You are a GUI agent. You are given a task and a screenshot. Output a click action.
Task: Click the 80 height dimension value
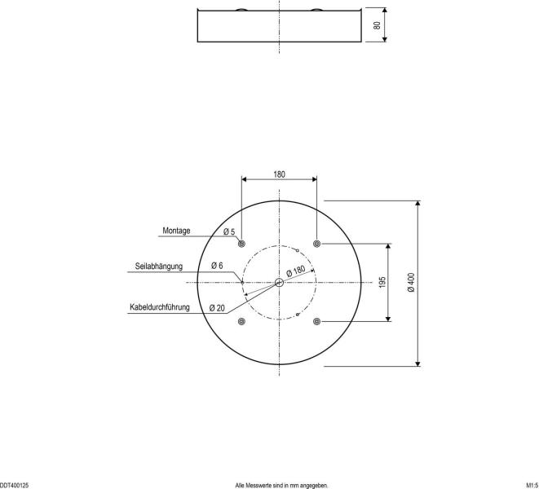tap(377, 24)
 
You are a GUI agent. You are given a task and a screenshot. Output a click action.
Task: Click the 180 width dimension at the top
tap(279, 174)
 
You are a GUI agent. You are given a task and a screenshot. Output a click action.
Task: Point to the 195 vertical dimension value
tap(382, 282)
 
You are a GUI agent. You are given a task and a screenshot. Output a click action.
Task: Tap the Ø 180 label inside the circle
tap(295, 271)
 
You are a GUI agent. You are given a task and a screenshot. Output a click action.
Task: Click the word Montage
tap(176, 231)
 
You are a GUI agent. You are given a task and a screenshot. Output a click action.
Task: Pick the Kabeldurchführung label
tap(160, 307)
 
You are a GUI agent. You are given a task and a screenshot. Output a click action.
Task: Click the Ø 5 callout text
tap(229, 232)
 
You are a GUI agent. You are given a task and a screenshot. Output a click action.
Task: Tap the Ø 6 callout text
tap(216, 267)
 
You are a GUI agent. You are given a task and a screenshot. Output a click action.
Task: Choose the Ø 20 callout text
tap(216, 308)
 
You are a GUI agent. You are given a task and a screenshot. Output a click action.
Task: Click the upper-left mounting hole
tap(241, 243)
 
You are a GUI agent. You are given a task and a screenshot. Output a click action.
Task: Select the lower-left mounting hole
tap(241, 322)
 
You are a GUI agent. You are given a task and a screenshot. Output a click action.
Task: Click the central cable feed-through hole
tap(279, 282)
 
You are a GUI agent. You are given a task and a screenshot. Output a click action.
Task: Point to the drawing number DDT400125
tap(15, 484)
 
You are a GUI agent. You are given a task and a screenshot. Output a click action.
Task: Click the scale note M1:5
tap(530, 484)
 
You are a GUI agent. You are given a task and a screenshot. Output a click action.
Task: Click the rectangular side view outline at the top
tap(279, 26)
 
